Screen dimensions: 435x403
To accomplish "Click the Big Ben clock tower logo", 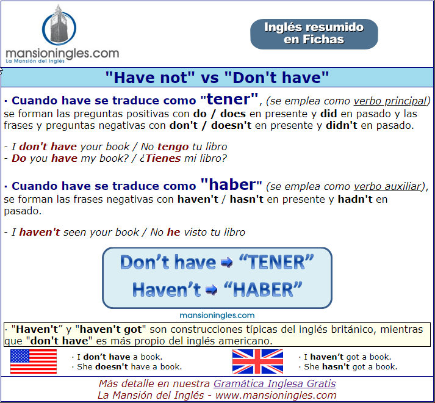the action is (x=59, y=26).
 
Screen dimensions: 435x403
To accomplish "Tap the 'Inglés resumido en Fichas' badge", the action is (x=314, y=34).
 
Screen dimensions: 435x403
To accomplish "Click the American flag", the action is (x=34, y=361).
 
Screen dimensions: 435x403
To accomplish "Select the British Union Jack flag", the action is (x=257, y=361).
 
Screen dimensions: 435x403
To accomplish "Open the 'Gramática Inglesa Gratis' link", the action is (x=275, y=383).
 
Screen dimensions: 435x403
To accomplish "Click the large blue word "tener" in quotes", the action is (x=229, y=99).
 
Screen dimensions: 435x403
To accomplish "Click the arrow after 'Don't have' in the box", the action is (x=227, y=263).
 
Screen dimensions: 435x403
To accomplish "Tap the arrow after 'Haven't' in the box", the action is (x=211, y=290).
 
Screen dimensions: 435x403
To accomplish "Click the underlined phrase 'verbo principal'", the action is (x=390, y=101).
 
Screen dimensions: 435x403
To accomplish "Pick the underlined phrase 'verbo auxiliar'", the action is (x=387, y=187).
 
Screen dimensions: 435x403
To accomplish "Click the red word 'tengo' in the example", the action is (x=173, y=147).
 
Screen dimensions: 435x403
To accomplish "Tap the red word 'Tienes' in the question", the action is (x=164, y=158).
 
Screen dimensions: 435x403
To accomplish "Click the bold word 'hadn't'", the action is (x=355, y=199).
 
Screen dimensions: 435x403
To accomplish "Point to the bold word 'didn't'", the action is (x=342, y=125).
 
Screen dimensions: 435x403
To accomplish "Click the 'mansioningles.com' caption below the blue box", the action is (x=217, y=316).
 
